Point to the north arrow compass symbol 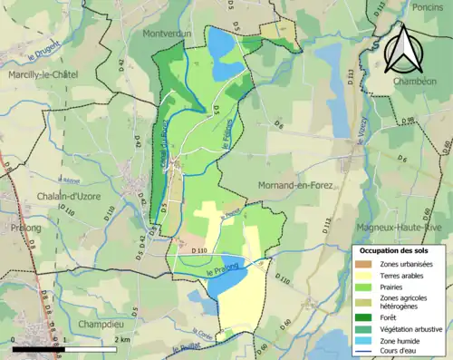point(402,50)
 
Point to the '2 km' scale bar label point(120,340)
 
